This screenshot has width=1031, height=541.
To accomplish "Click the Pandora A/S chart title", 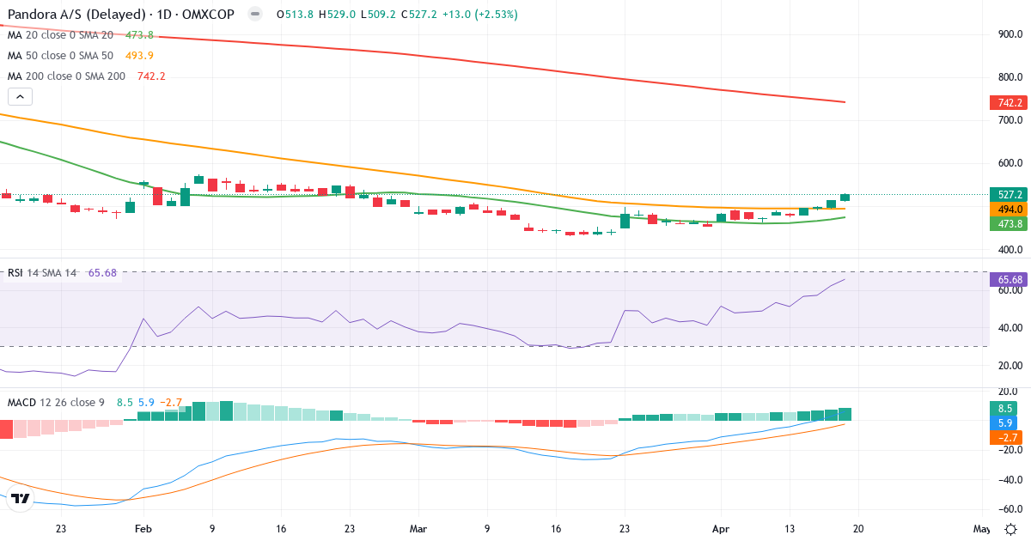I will (x=119, y=15).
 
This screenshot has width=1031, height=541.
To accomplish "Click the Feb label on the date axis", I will (x=143, y=529).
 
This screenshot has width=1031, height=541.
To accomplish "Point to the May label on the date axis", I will (x=981, y=529).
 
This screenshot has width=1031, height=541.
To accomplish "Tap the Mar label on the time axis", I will (x=418, y=529).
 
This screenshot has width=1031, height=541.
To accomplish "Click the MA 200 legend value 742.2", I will (x=151, y=76).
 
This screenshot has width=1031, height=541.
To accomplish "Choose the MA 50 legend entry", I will (x=60, y=56).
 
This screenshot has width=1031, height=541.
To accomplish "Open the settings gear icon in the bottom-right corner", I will (x=1011, y=529).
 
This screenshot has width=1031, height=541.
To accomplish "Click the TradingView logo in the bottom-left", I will (x=21, y=498).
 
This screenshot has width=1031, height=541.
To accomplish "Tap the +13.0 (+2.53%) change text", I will (x=480, y=15).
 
